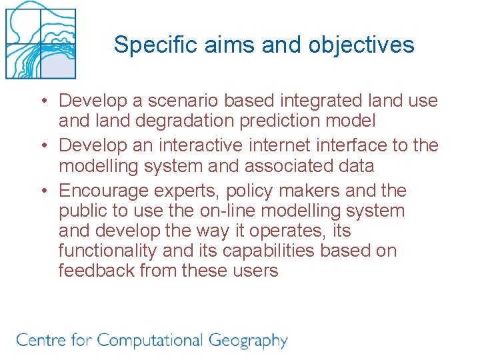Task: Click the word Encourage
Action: (103, 191)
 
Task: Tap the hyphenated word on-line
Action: (245, 211)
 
